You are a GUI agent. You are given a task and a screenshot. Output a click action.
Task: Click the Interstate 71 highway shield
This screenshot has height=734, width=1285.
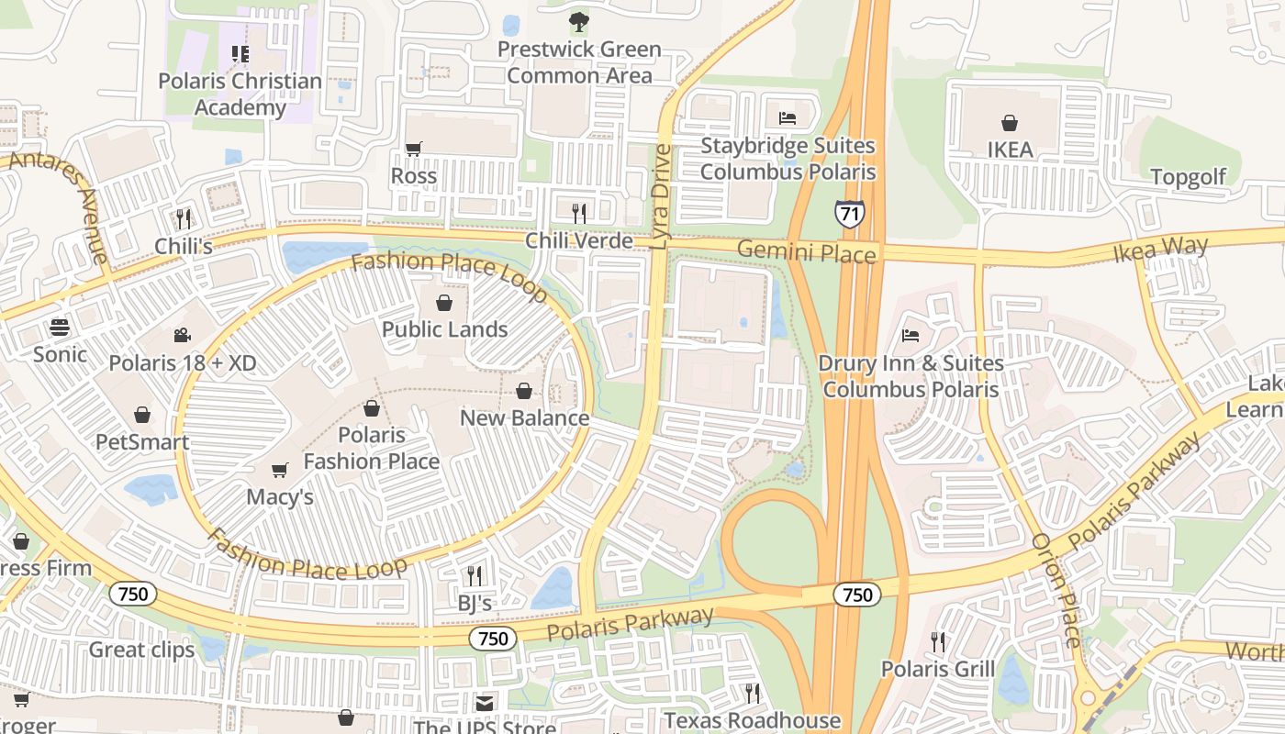[x=849, y=213]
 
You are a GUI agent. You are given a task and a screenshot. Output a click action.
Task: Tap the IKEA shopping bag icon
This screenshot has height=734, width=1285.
[x=1010, y=123]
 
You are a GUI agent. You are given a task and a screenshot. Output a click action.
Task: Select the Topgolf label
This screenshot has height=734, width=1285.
[x=1188, y=177]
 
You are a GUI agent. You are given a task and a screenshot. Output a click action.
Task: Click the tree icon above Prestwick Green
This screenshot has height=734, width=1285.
[x=578, y=22]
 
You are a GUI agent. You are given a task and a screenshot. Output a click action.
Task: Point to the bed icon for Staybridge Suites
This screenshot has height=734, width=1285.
[x=788, y=117]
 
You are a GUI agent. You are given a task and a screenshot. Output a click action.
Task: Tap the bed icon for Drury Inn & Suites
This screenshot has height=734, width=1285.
[x=911, y=335]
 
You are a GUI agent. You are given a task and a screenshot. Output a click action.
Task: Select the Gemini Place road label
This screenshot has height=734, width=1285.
[x=807, y=251]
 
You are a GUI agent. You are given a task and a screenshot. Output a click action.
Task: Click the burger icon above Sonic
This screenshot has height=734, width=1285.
[x=60, y=327]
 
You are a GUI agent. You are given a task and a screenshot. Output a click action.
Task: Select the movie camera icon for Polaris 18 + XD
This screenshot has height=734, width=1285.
[x=182, y=336]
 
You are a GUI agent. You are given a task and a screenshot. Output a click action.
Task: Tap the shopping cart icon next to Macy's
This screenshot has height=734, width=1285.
[x=280, y=470]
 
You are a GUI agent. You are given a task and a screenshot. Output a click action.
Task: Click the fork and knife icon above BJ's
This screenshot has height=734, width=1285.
[x=475, y=576]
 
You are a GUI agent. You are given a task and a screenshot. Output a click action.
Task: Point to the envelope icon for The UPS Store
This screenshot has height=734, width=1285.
[x=484, y=704]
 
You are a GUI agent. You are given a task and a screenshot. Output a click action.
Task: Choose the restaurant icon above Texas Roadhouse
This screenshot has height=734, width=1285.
[x=752, y=693]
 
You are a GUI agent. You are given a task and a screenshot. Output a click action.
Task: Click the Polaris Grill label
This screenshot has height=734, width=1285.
[x=937, y=669]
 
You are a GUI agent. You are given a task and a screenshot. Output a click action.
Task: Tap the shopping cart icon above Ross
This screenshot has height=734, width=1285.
[x=414, y=149]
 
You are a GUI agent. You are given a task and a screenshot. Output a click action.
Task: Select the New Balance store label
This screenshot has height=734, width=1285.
[x=524, y=418]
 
